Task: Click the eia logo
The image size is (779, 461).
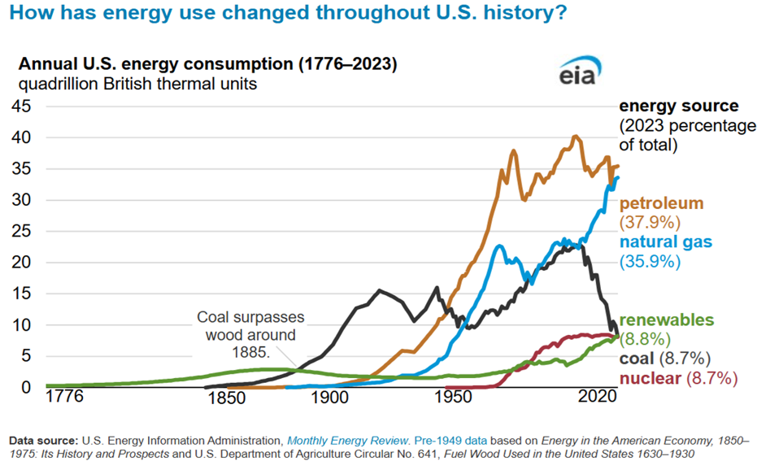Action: tap(578, 73)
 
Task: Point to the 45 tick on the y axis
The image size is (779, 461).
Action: tap(20, 107)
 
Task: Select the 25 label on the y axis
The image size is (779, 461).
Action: tap(20, 231)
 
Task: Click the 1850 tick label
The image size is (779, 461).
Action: tap(226, 398)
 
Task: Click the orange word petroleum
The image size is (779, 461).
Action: tap(661, 203)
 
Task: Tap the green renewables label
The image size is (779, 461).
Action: tap(667, 320)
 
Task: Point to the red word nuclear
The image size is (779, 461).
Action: tap(651, 378)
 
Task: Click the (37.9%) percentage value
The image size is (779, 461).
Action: tap(650, 222)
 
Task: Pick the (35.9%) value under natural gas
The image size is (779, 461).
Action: tap(650, 261)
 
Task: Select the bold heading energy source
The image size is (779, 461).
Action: tap(679, 106)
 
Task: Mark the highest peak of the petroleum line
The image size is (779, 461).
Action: tap(575, 137)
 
